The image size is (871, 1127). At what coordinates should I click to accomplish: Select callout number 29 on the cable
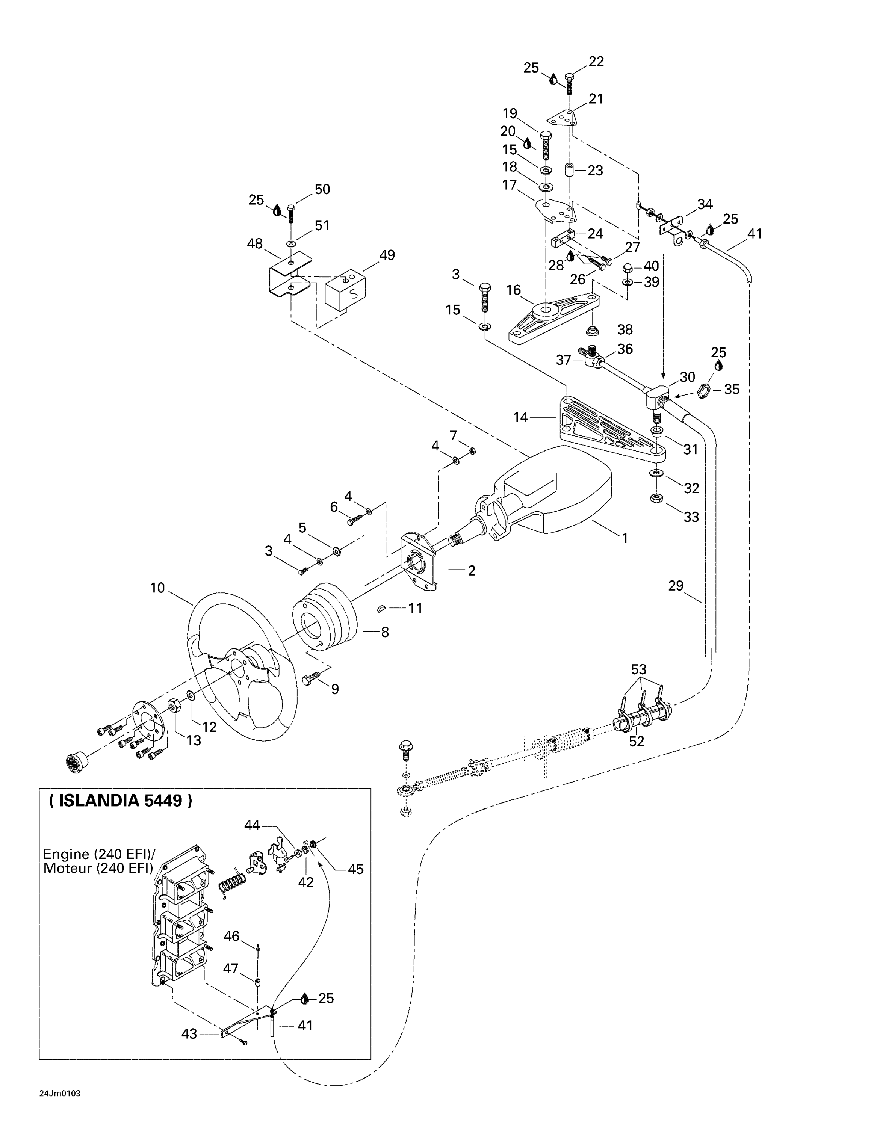point(676,586)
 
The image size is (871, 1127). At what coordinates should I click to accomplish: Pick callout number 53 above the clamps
point(638,669)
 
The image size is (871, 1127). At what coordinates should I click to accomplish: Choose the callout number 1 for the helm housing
point(625,538)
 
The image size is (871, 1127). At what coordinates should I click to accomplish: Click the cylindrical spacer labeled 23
point(570,170)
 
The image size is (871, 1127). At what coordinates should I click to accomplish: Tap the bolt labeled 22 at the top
point(569,83)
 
